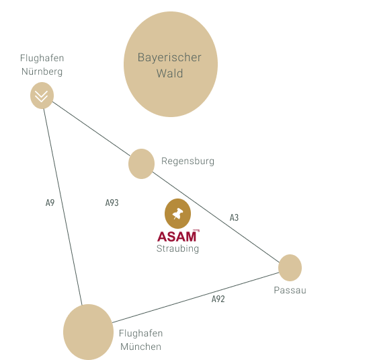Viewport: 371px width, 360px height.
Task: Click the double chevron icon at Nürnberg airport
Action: pos(42,96)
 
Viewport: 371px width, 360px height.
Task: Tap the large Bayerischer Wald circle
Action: pos(171,64)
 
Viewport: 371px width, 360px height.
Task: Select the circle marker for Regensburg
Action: pos(142,164)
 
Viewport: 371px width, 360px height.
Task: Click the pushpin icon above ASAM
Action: pos(177,214)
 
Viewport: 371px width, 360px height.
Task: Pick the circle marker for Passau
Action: pos(290,268)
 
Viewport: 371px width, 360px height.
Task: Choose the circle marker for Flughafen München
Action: pos(88,332)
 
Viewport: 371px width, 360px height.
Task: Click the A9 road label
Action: pos(50,203)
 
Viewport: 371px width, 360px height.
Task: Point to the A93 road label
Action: pos(112,203)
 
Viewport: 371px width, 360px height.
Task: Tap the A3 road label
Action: pos(235,217)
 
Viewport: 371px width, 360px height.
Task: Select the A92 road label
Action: pos(218,299)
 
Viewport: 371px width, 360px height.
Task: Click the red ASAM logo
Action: pos(178,236)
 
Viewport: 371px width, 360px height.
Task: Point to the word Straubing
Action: pos(177,249)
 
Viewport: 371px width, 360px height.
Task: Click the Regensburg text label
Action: pos(188,161)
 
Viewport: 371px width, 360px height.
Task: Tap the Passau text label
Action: pos(290,290)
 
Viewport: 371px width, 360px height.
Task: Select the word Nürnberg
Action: pos(42,71)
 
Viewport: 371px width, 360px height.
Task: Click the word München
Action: pos(140,347)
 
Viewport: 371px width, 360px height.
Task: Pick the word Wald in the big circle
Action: pos(169,73)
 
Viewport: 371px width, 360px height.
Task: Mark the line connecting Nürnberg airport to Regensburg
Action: pos(91,129)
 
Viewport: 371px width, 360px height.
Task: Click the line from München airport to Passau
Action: pos(196,297)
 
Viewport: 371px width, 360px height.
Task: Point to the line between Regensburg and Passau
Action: pos(216,217)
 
